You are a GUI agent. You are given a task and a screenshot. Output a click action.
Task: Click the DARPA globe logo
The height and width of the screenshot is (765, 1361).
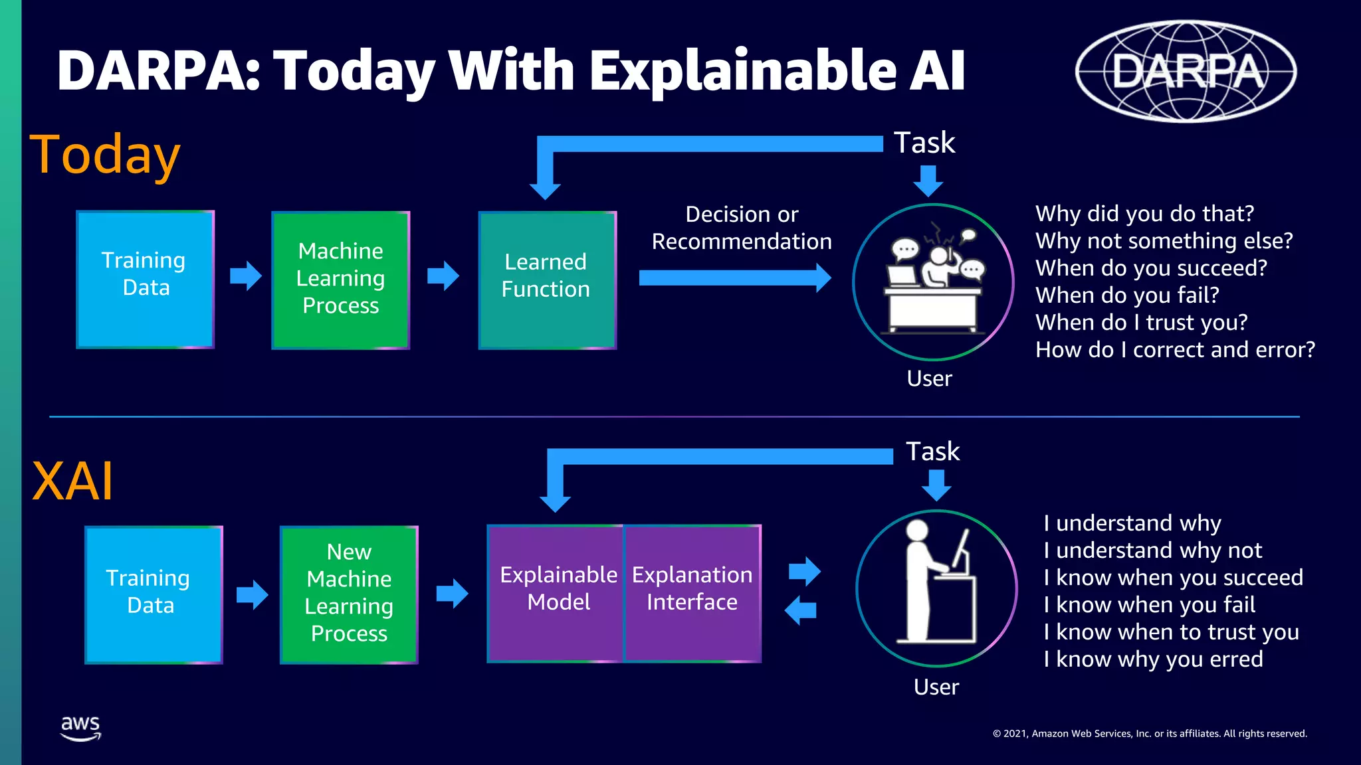pos(1186,71)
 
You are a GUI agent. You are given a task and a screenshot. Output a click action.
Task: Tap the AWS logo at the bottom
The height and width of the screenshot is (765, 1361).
pos(80,728)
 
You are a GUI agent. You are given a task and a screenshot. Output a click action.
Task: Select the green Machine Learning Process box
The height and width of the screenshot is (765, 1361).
pos(340,280)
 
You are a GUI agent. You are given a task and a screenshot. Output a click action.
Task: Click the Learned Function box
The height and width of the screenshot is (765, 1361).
pos(547,280)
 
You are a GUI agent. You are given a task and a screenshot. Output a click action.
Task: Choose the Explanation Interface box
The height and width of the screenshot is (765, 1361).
pos(692,593)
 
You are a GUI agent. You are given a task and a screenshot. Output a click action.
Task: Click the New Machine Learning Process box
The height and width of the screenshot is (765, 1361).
pos(349,594)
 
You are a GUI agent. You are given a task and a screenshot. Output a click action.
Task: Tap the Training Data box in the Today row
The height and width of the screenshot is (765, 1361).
pos(145,279)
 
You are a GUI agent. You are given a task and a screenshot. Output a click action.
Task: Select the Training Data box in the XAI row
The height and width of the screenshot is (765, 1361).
pos(154,594)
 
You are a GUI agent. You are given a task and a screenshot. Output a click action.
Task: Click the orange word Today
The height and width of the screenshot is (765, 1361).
pos(105,155)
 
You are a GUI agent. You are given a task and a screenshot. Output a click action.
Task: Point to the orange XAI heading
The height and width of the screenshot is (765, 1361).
pos(72,481)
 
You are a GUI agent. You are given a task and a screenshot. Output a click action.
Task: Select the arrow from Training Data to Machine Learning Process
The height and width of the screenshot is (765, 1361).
pos(245,276)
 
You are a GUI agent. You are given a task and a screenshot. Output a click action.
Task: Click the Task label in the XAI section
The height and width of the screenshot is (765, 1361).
pos(932,452)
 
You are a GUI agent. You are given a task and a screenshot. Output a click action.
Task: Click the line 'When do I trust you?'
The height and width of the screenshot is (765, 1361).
pos(1141,322)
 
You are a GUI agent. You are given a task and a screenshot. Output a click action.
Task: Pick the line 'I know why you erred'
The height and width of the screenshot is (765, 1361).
pos(1152,659)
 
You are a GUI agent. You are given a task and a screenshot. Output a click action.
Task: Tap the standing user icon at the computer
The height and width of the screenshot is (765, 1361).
pos(936,588)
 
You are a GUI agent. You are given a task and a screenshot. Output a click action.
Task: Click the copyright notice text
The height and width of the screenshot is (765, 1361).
pos(1149,733)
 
